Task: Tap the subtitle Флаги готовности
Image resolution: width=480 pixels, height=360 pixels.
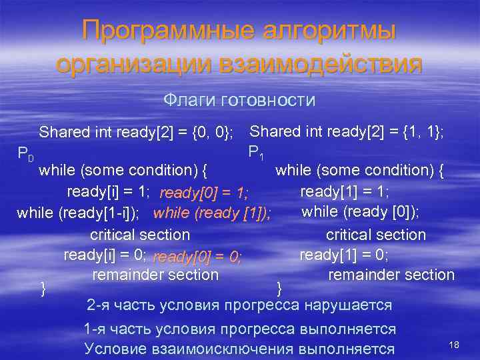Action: coord(239,100)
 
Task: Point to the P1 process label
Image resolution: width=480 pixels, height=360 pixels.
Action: coord(256,153)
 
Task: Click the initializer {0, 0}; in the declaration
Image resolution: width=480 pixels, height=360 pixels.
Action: coord(211,132)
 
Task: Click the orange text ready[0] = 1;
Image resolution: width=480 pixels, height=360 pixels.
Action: coord(203,193)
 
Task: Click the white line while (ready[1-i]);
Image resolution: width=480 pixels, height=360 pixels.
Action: coord(78,213)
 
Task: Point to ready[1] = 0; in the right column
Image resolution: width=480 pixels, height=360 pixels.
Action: coord(344,255)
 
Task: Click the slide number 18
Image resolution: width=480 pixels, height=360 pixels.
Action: coord(455,344)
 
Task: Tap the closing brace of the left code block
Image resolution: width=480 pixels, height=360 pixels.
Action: coord(43,288)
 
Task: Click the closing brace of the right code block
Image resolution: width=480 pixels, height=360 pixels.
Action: coord(279,288)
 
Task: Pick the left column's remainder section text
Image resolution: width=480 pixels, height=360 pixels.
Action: coord(155,275)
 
